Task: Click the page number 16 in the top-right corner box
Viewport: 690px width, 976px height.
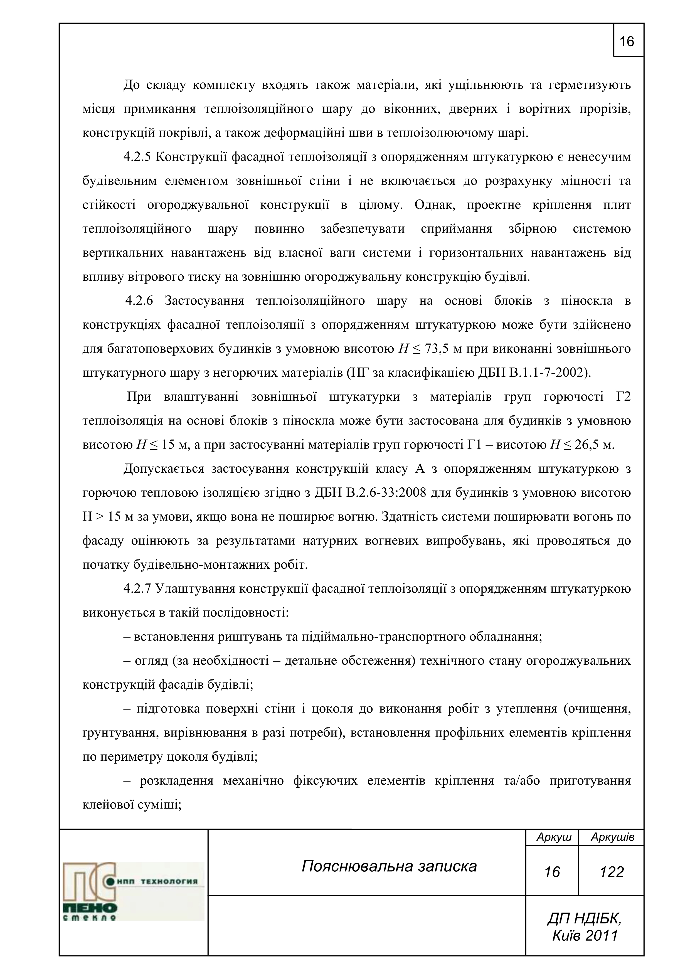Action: pos(627,42)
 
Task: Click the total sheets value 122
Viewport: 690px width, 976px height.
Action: pos(611,872)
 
